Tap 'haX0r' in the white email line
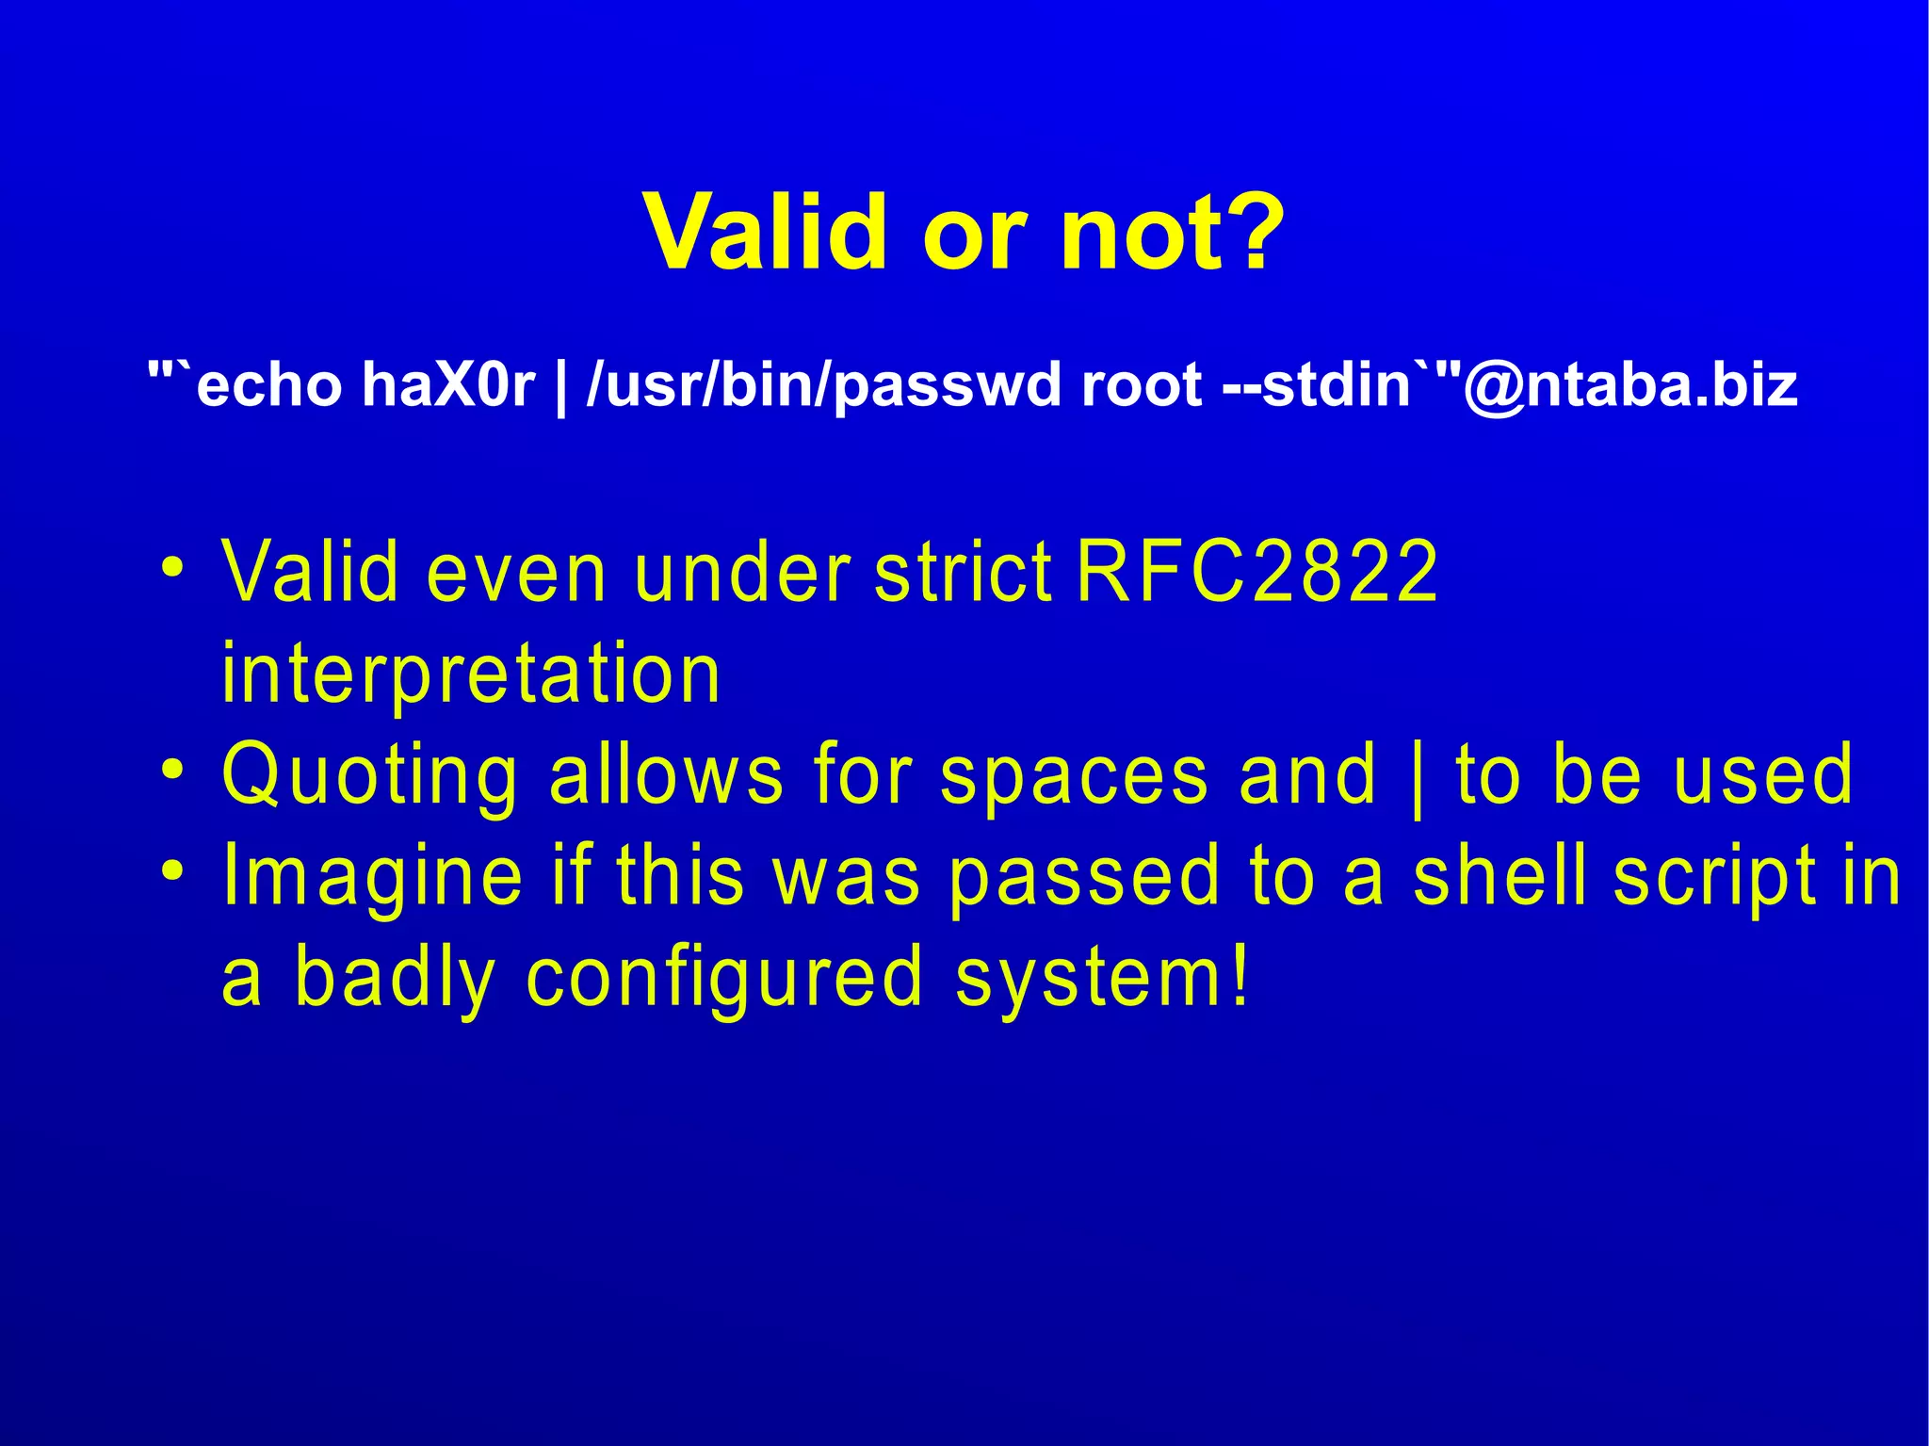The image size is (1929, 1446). [x=448, y=385]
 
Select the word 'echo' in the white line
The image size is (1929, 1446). [x=269, y=385]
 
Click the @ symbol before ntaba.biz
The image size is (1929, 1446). [x=1494, y=385]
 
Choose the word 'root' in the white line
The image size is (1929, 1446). [x=1142, y=385]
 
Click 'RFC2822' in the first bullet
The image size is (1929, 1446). [x=1256, y=572]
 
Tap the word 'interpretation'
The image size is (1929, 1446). [x=471, y=674]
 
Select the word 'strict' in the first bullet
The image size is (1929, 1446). [x=963, y=572]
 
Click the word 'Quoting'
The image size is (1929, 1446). [x=369, y=776]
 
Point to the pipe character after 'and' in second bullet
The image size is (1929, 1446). [x=1418, y=778]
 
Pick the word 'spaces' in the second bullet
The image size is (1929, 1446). [x=1074, y=776]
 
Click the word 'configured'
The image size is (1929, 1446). [x=724, y=980]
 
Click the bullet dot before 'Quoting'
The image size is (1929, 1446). [x=171, y=771]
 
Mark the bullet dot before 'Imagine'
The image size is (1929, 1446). [x=171, y=871]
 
